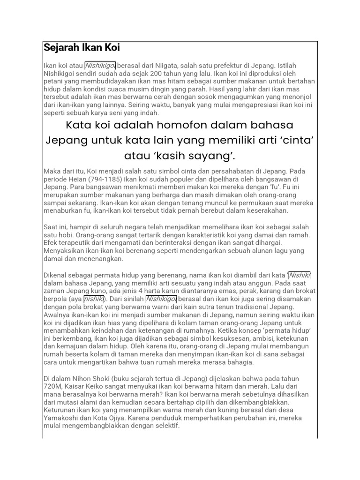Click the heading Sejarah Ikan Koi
click(82, 47)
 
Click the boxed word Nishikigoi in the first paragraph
click(100, 65)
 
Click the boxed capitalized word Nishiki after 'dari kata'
click(300, 275)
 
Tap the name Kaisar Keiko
click(90, 386)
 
